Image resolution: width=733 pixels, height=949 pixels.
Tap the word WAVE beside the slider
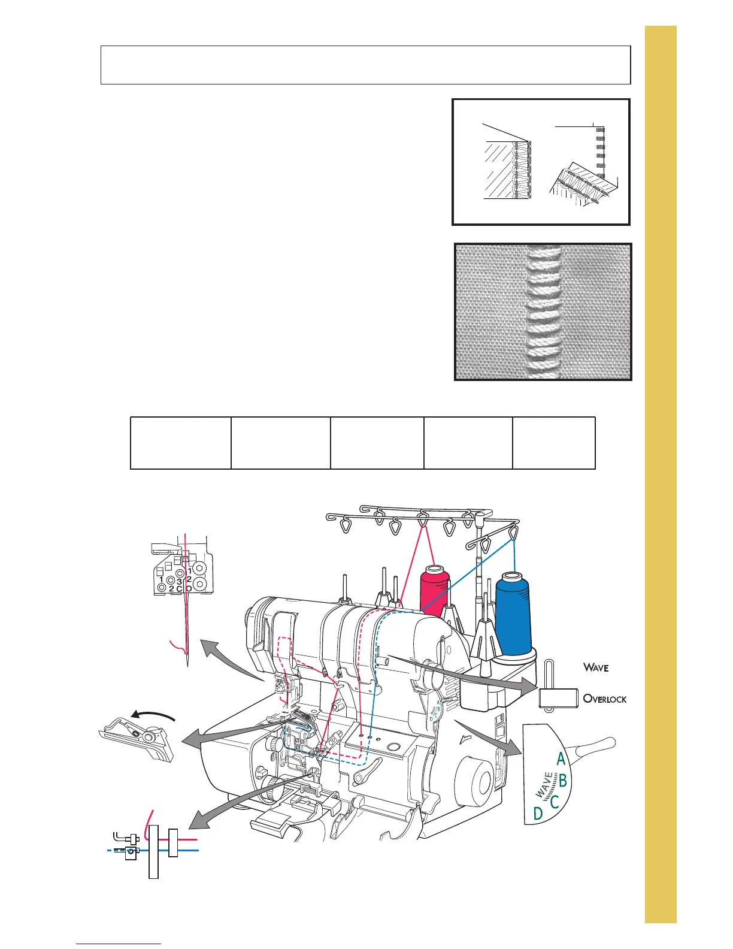pyautogui.click(x=596, y=667)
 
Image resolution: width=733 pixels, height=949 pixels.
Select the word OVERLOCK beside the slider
pyautogui.click(x=605, y=699)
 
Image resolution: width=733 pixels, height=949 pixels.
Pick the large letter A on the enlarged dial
pyautogui.click(x=561, y=759)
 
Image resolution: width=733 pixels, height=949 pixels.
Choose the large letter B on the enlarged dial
pyautogui.click(x=562, y=781)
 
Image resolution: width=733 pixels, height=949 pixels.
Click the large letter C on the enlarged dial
pyautogui.click(x=555, y=801)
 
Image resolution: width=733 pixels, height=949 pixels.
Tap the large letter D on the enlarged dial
pyautogui.click(x=538, y=814)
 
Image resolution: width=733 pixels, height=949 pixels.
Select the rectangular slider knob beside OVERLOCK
pyautogui.click(x=558, y=698)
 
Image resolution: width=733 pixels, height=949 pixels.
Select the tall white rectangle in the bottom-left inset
pyautogui.click(x=153, y=851)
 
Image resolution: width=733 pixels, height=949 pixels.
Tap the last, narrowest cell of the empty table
pyautogui.click(x=553, y=443)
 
